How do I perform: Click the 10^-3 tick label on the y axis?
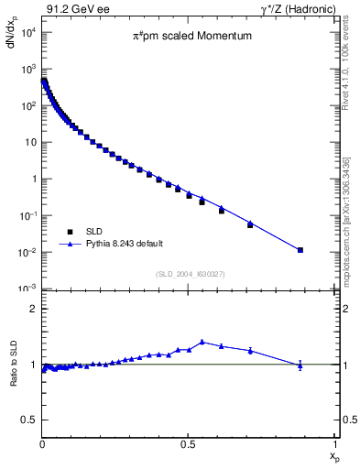click(x=27, y=289)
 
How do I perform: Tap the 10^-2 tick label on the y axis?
click(x=27, y=252)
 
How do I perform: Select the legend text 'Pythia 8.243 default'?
click(x=124, y=244)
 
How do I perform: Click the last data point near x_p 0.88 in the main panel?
click(x=300, y=249)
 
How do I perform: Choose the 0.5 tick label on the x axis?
click(x=188, y=443)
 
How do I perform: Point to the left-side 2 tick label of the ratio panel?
click(x=32, y=309)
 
